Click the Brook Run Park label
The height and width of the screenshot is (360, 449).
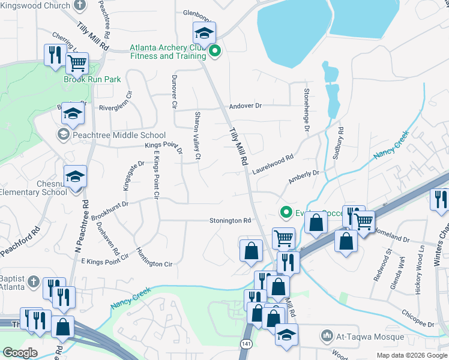point(92,79)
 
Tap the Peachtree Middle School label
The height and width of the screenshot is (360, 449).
point(119,135)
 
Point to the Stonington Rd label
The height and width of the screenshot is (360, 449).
point(230,221)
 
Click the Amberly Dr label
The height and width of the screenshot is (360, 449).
point(303,175)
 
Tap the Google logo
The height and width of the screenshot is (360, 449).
point(20,352)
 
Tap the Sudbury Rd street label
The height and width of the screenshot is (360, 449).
point(338,143)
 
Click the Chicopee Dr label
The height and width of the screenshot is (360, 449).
point(408,314)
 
